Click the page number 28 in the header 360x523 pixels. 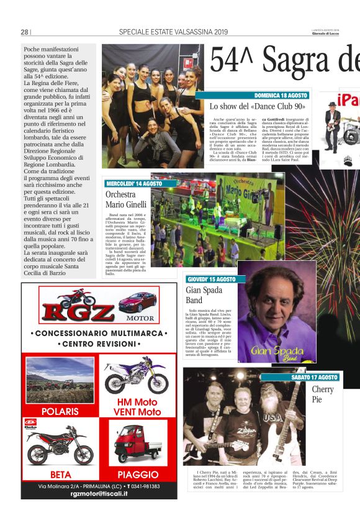[x=24, y=32]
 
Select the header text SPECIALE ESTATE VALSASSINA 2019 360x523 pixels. [x=173, y=32]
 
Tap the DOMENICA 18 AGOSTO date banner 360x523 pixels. [x=281, y=96]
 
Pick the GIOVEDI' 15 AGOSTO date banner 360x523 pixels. [x=211, y=280]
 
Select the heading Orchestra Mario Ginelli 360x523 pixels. [x=126, y=199]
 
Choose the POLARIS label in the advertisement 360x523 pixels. [x=60, y=411]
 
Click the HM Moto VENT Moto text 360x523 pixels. [x=138, y=407]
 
